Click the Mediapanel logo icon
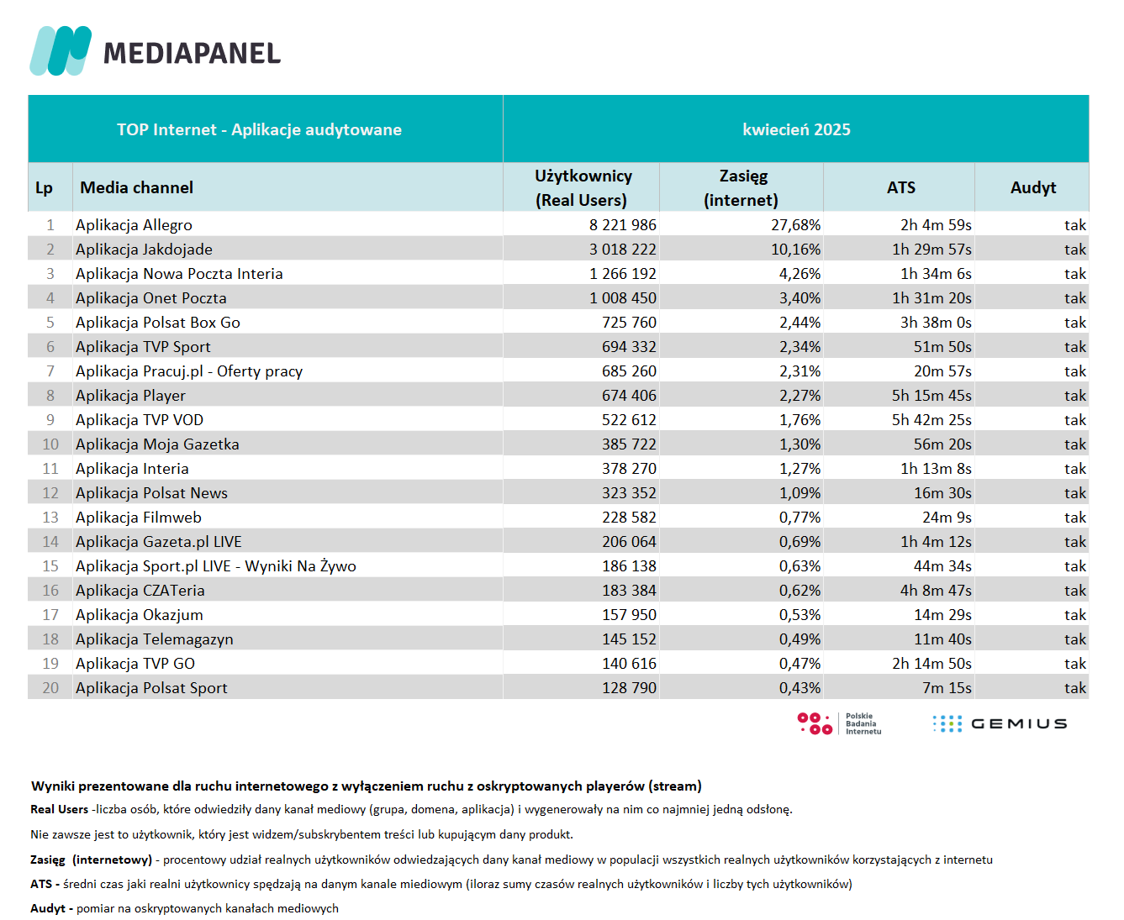coord(61,50)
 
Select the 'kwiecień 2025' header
coord(796,129)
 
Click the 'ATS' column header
coord(900,187)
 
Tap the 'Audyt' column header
coord(1033,187)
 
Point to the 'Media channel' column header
coord(136,187)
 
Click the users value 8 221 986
coord(622,225)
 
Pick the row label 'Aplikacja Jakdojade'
coord(144,250)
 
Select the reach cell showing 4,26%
coord(799,274)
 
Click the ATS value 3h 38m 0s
coord(936,323)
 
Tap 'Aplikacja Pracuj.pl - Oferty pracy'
coord(189,371)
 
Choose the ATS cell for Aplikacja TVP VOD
coord(931,420)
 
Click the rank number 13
coord(50,518)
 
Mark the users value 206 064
coord(629,542)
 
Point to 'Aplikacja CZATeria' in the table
coord(140,591)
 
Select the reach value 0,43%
coord(799,688)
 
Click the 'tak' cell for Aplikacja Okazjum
coord(1075,615)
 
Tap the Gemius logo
coord(1000,723)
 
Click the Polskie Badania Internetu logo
coord(839,723)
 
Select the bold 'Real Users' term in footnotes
coord(59,809)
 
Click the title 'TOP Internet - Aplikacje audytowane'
coord(259,129)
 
